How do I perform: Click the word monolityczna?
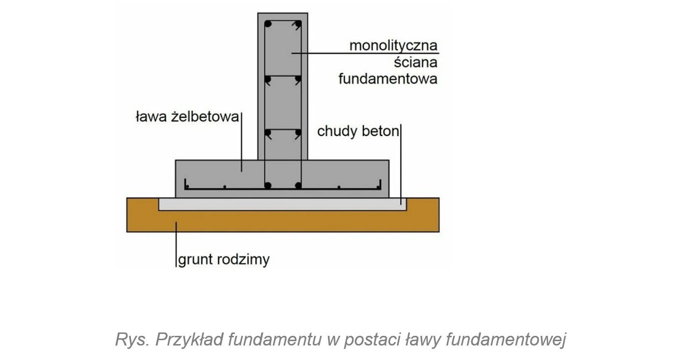coord(393,46)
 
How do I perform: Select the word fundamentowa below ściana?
coord(387,78)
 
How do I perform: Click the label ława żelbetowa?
coord(187,117)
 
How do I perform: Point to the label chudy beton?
coord(358,131)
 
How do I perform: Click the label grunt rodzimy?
coord(224,259)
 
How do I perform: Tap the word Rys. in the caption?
coord(131,340)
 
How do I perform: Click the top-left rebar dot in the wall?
coord(267,24)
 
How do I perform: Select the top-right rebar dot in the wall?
coord(298,24)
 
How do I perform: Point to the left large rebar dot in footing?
coord(267,185)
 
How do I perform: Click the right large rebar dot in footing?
coord(298,185)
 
